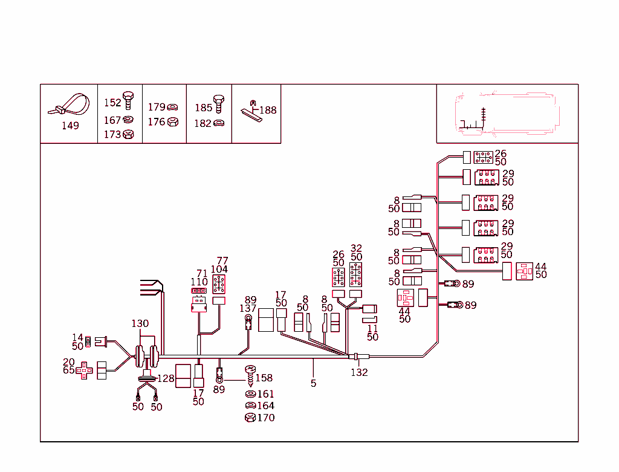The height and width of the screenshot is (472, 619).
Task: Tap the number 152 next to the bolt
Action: pyautogui.click(x=112, y=103)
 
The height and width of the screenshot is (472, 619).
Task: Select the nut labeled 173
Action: pyautogui.click(x=128, y=134)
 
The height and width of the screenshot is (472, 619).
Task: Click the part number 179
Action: pyautogui.click(x=157, y=107)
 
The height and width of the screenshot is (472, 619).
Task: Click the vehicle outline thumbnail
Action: pyautogui.click(x=507, y=114)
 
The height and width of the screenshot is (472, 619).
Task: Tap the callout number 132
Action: pyautogui.click(x=359, y=372)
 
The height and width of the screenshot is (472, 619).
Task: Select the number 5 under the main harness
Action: pyautogui.click(x=313, y=383)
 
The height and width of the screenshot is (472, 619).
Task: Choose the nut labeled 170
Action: pyautogui.click(x=249, y=418)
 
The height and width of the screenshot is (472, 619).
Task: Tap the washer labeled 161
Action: pyautogui.click(x=249, y=394)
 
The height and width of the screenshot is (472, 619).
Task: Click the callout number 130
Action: pyautogui.click(x=140, y=324)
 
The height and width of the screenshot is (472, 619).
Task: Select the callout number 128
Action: pyautogui.click(x=166, y=378)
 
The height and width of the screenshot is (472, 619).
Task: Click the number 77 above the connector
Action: pyautogui.click(x=222, y=261)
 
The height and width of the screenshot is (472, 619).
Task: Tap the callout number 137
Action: pyautogui.click(x=248, y=309)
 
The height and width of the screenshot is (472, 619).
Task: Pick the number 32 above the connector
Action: pyautogui.click(x=356, y=248)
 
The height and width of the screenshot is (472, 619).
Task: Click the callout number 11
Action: pyautogui.click(x=372, y=329)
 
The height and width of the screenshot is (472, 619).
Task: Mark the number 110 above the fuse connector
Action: pyautogui.click(x=199, y=282)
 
